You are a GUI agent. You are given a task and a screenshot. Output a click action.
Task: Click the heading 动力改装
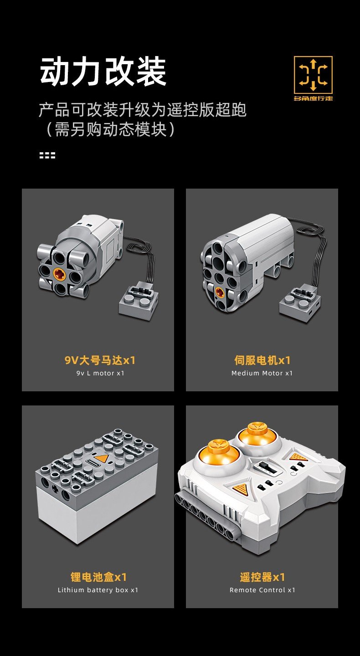point(103,72)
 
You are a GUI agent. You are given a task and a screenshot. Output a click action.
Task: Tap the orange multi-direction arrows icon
point(313,75)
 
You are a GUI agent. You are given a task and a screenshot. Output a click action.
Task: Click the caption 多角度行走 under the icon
point(313,98)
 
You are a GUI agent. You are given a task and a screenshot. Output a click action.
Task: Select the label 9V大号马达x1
point(100,360)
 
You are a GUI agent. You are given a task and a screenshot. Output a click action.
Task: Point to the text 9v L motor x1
point(100,373)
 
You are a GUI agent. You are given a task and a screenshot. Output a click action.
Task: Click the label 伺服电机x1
point(262,360)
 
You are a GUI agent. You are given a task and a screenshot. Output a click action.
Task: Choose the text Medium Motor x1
point(262,373)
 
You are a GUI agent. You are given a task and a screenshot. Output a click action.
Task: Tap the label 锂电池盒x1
point(98,577)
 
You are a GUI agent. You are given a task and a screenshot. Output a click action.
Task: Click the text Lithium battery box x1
point(98,590)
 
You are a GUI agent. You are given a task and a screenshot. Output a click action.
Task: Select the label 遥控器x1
point(262,577)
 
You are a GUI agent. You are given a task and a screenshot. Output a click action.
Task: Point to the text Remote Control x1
point(262,590)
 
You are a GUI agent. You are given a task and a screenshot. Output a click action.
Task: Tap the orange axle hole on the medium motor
point(220,291)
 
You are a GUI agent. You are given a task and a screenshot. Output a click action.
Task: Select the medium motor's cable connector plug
point(300,305)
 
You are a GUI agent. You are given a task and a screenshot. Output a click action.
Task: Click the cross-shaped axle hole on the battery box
point(55,488)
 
